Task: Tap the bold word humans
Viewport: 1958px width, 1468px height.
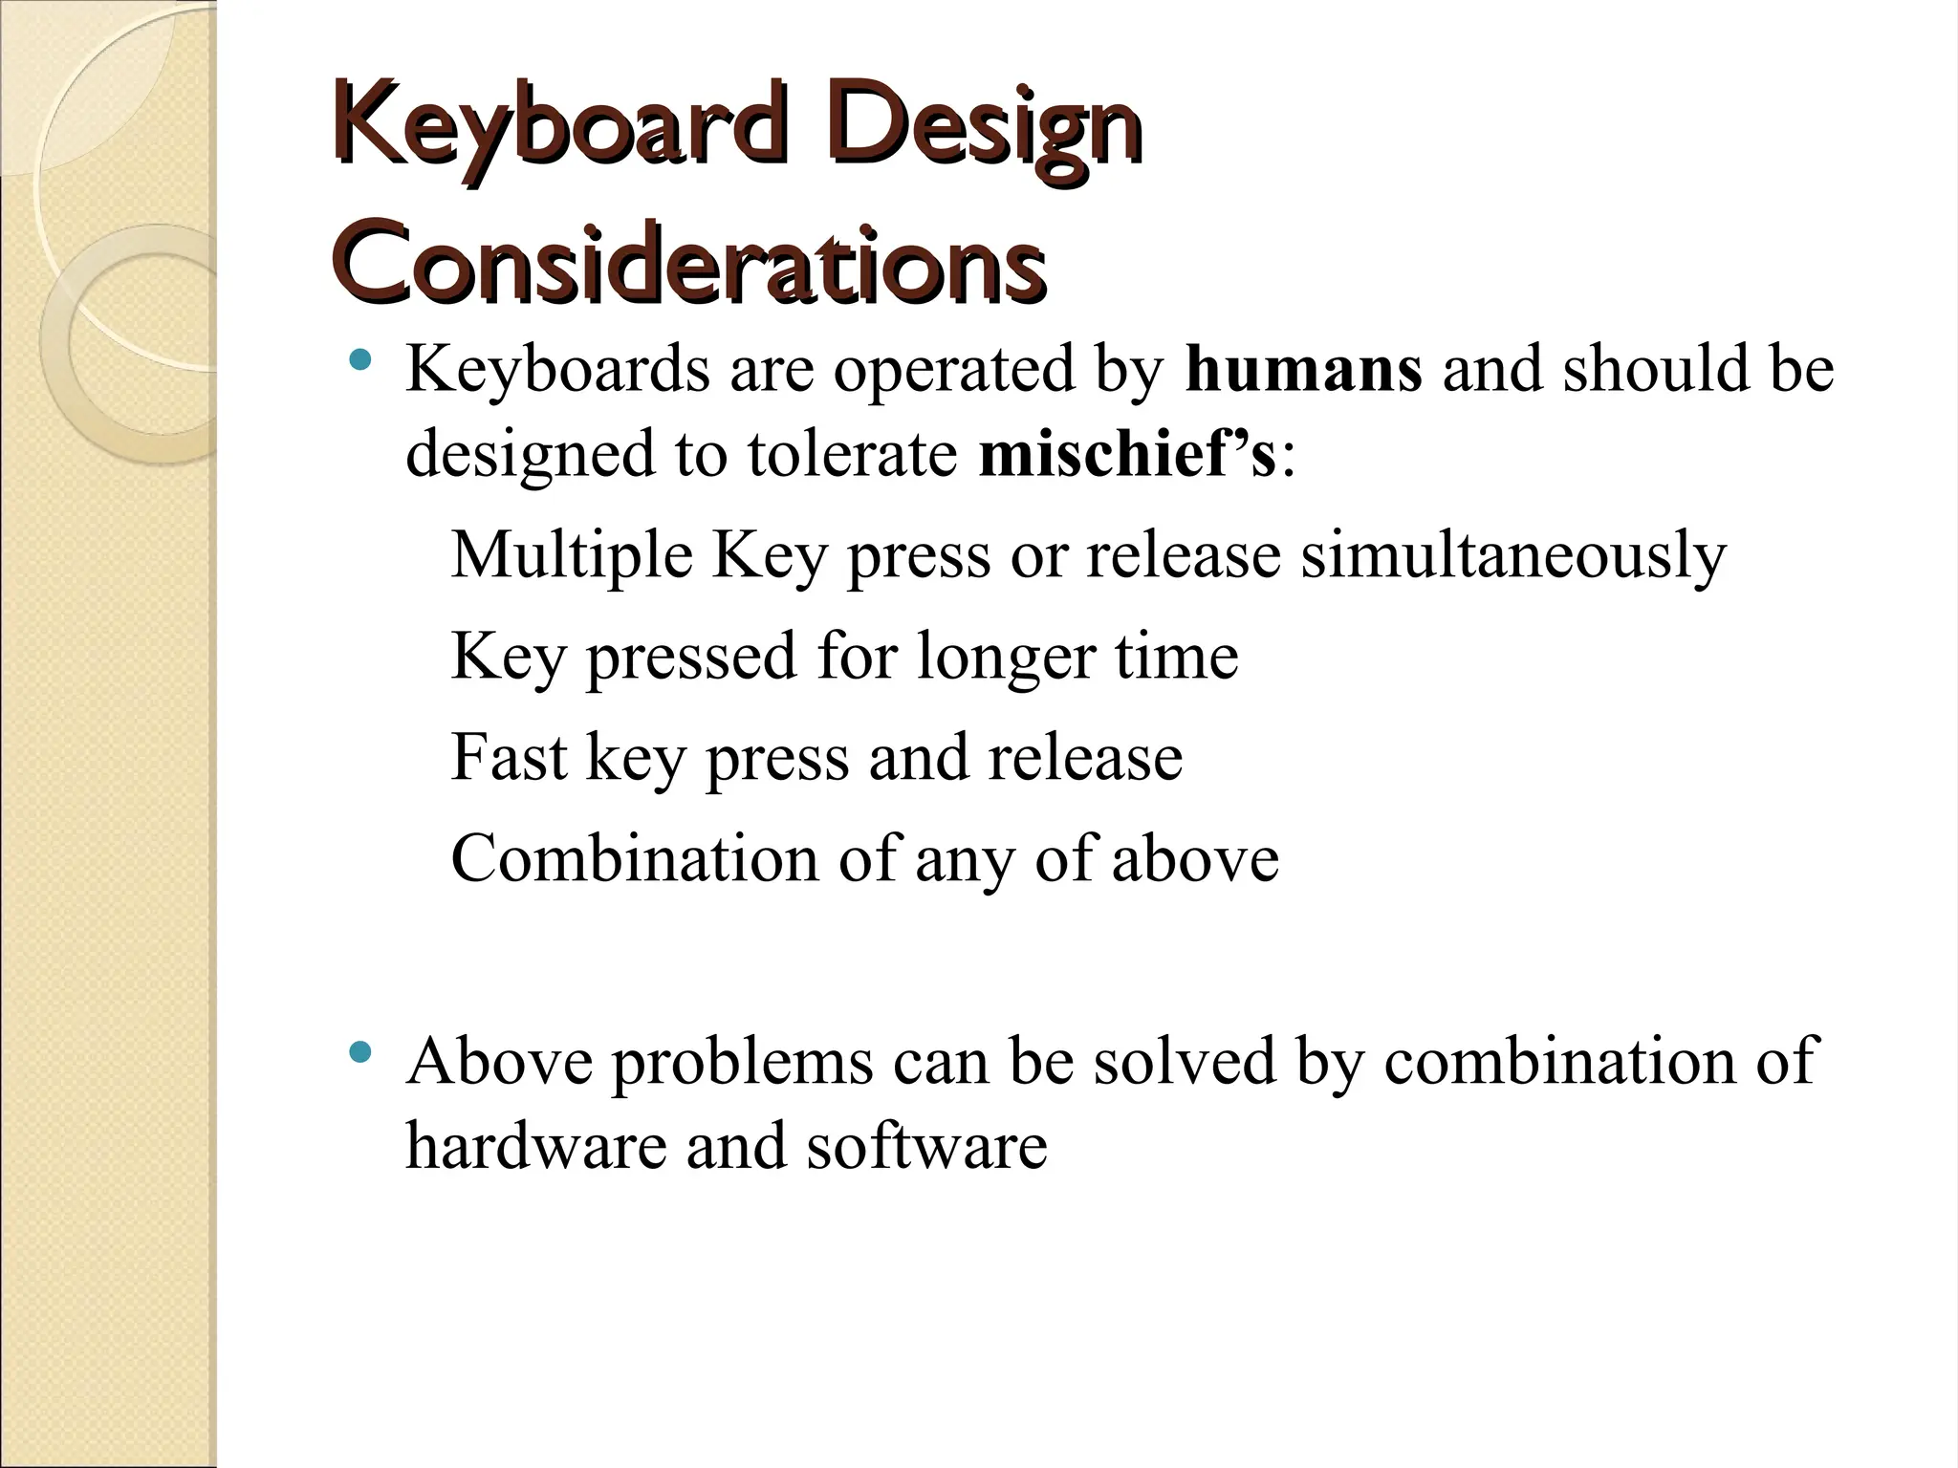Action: click(x=1303, y=370)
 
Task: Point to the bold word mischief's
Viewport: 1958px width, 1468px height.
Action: click(x=1127, y=454)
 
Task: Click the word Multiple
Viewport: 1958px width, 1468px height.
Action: click(x=571, y=555)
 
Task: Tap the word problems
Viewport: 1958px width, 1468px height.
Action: click(x=742, y=1063)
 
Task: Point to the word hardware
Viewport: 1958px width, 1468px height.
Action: click(x=535, y=1145)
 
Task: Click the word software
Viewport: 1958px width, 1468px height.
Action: click(x=926, y=1145)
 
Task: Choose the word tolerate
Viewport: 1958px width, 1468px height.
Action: click(x=853, y=454)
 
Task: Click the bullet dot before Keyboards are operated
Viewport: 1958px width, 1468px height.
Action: click(x=359, y=361)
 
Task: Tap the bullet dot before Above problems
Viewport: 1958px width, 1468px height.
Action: click(x=359, y=1053)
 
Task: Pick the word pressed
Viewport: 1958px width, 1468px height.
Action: click(x=690, y=658)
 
